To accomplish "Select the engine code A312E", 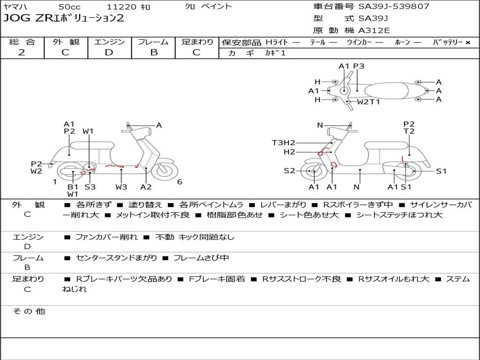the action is pyautogui.click(x=374, y=31).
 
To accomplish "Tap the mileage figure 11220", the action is pyautogui.click(x=122, y=7).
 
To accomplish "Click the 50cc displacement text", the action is pyautogui.click(x=69, y=7).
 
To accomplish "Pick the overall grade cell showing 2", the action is pyautogui.click(x=22, y=52).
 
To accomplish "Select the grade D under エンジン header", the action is pyautogui.click(x=109, y=52).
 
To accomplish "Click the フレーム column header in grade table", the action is pyautogui.click(x=153, y=42).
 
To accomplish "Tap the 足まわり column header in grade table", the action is pyautogui.click(x=197, y=42).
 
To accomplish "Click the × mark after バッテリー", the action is pyautogui.click(x=467, y=42).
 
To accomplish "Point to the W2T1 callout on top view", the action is pyautogui.click(x=368, y=102).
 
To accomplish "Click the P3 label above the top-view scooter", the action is pyautogui.click(x=359, y=66).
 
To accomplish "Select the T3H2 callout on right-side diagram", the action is pyautogui.click(x=284, y=142).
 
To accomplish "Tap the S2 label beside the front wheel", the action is pyautogui.click(x=289, y=171).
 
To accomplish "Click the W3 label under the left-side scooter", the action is pyautogui.click(x=121, y=187).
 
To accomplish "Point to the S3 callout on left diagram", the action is pyautogui.click(x=90, y=187).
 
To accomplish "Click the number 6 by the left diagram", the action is pyautogui.click(x=180, y=182).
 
